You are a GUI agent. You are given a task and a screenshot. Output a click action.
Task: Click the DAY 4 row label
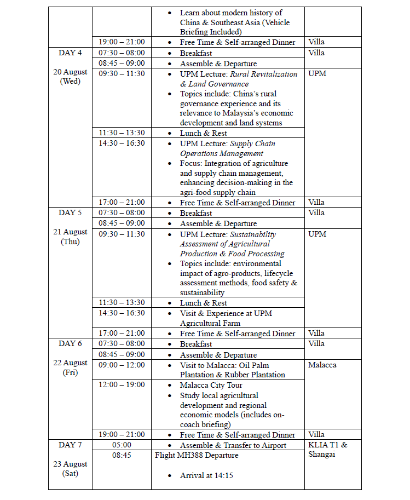coord(70,53)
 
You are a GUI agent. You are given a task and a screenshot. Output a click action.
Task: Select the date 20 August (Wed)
coord(70,77)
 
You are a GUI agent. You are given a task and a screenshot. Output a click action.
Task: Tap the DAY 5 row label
coord(70,212)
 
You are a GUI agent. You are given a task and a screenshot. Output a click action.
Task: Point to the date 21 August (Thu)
coord(70,237)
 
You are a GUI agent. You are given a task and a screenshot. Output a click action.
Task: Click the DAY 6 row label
coord(70,343)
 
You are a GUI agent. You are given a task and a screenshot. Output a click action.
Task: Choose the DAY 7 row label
coord(70,445)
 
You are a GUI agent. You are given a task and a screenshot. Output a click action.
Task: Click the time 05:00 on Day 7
coord(122,445)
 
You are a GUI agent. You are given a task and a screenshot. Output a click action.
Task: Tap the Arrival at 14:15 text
coord(206,475)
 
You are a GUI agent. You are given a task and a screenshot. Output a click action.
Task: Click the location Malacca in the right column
coord(322,365)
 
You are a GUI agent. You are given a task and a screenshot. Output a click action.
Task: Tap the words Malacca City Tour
coord(211,385)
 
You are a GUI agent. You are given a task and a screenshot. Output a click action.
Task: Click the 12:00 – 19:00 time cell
coord(122,385)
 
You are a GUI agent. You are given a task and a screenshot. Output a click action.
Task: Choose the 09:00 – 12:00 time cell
coord(122,365)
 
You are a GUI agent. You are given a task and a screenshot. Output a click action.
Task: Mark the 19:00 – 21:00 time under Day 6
coord(122,435)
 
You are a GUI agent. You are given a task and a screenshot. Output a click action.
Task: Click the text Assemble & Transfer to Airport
coord(233,445)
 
